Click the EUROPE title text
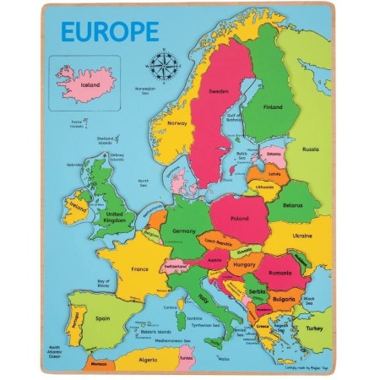point(109,31)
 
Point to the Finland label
point(273,108)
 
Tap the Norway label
point(177,122)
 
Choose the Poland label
point(240,218)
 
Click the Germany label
point(183,230)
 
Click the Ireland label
point(79,206)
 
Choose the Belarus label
point(294,205)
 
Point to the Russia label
point(311,149)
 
